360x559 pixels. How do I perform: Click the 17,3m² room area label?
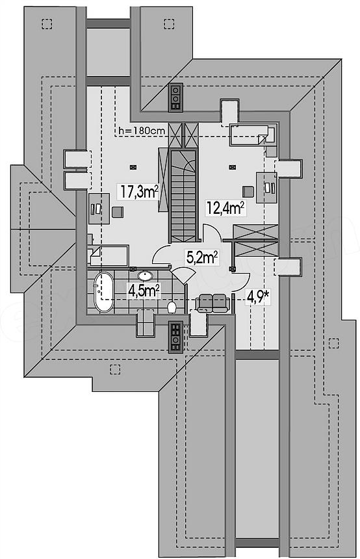139,192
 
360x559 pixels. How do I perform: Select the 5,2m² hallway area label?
202,257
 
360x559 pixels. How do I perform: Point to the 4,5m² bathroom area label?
144,291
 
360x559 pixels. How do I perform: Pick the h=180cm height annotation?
142,131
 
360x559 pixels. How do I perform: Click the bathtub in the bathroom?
104,292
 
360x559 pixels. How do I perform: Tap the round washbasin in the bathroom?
145,276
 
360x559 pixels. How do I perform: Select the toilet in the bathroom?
172,307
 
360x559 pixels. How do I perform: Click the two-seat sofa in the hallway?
212,303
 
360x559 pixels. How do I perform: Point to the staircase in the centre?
183,196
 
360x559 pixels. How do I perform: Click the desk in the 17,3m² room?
99,208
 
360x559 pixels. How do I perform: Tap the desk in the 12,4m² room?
266,187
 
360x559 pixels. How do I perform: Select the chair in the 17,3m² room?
117,212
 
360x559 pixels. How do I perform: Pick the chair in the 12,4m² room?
248,192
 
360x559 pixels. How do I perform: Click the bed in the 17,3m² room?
108,255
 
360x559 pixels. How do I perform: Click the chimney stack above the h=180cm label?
175,97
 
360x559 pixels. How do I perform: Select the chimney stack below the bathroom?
175,336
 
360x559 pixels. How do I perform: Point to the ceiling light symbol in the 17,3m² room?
133,166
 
